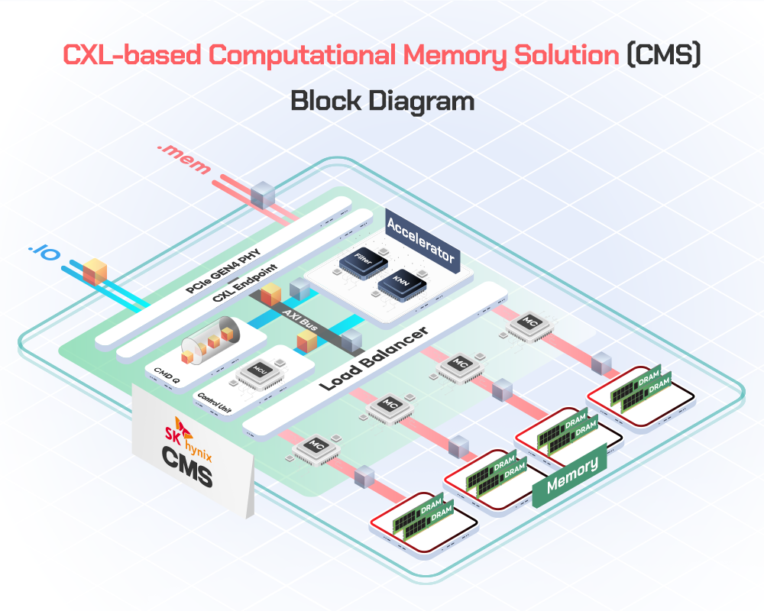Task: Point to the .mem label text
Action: click(x=183, y=157)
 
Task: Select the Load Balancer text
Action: click(x=373, y=350)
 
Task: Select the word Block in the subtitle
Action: click(x=326, y=102)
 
